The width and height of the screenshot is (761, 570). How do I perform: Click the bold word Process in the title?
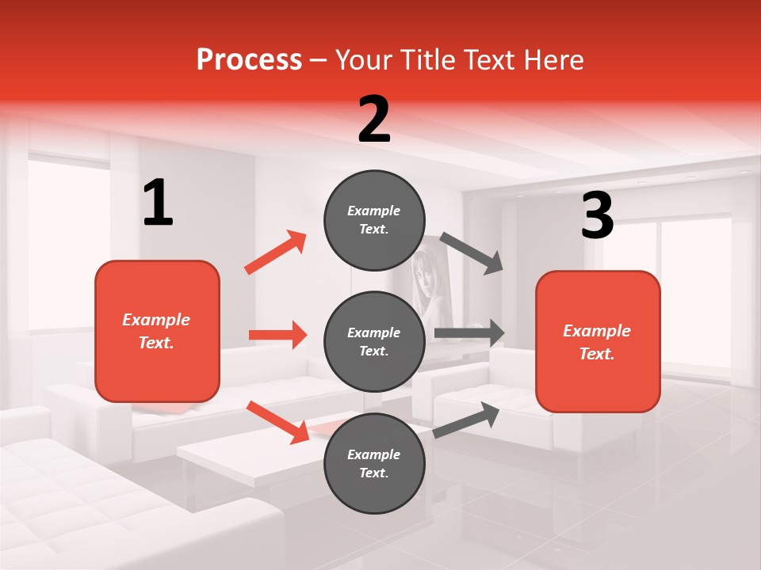pos(249,60)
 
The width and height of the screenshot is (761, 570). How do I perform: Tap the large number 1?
pos(158,203)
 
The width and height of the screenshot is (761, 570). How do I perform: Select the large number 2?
pos(374,120)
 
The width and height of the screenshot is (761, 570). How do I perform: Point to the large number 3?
pos(597,216)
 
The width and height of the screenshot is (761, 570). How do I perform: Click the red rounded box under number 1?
pos(157,331)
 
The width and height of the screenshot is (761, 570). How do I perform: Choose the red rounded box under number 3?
pos(598,341)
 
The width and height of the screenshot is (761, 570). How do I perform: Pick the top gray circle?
pos(374,220)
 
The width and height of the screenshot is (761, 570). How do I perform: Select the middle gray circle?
pos(374,341)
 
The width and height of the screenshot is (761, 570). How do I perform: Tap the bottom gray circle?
pos(374,463)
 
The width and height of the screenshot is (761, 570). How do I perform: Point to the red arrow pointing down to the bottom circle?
pos(277,421)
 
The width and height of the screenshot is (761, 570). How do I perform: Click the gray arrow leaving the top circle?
pos(472,253)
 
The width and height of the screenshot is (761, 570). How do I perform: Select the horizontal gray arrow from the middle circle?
pos(468,333)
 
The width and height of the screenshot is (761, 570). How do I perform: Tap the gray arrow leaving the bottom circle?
pos(467,420)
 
